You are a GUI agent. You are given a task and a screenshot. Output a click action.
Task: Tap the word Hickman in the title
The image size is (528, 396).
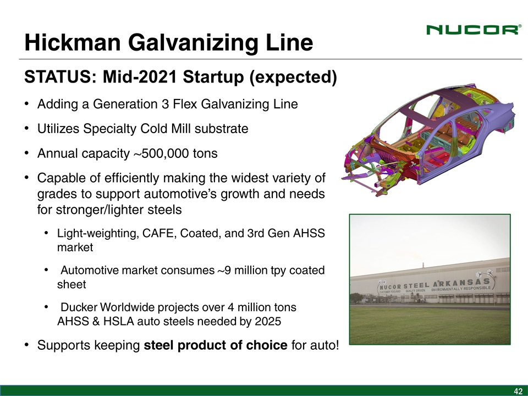[x=73, y=42]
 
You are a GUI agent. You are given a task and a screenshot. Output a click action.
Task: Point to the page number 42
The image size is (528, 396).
[x=518, y=391]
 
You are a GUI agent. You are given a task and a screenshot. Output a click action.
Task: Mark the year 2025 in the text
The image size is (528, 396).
[x=268, y=322]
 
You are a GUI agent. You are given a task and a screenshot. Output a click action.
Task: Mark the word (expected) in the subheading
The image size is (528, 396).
[x=293, y=77]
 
